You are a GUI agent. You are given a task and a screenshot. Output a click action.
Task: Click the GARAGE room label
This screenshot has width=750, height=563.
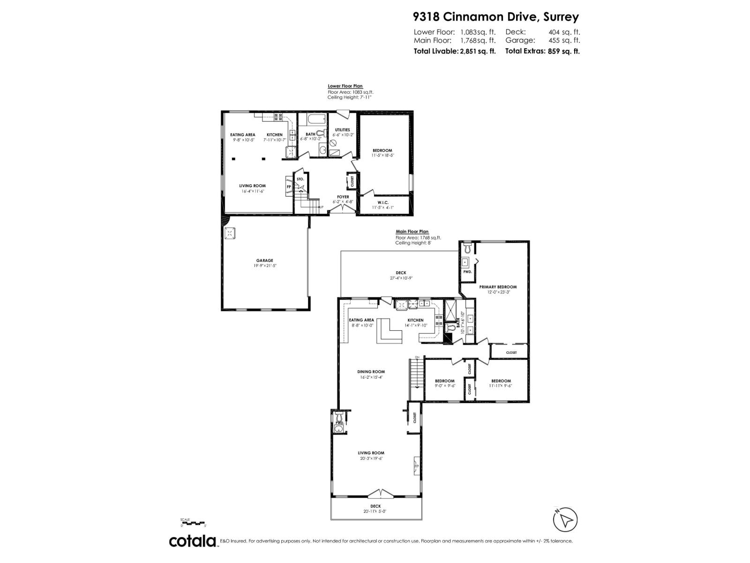(264, 260)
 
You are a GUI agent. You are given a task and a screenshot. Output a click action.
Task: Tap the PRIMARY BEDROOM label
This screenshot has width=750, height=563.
(497, 287)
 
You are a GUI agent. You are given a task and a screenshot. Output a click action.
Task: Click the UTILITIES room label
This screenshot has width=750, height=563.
(342, 130)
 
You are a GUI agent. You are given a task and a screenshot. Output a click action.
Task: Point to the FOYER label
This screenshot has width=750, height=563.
(343, 197)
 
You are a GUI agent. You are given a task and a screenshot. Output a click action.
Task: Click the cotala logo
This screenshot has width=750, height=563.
(192, 541)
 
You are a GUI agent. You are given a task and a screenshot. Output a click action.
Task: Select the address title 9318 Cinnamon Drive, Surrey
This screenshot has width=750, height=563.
(495, 17)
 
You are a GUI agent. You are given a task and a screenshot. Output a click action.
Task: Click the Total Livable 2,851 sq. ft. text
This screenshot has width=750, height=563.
(454, 52)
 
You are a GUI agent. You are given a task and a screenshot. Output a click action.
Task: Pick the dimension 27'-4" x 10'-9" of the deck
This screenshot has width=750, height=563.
(401, 278)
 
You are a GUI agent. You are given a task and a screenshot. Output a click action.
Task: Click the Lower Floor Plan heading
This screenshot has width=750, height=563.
(345, 86)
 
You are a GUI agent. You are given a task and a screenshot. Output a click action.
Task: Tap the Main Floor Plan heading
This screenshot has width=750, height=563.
(412, 231)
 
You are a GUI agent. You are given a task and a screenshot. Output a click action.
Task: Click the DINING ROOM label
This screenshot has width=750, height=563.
(371, 372)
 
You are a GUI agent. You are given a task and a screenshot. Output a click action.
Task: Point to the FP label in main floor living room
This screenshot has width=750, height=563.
(416, 467)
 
